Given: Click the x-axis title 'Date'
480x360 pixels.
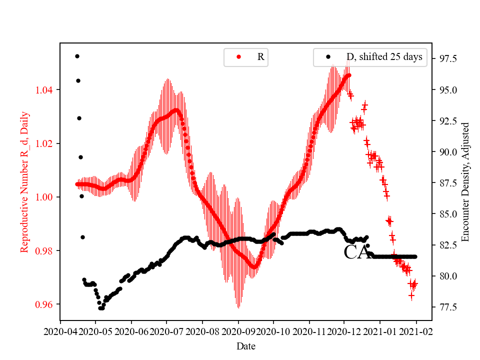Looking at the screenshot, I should (x=246, y=345).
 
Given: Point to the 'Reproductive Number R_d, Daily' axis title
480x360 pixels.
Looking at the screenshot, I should (x=24, y=182).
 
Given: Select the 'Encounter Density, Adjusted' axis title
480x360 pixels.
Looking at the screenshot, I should (x=466, y=182).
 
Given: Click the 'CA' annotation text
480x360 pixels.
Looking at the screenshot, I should (x=357, y=253).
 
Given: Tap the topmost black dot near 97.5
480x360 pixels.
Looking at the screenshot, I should (x=77, y=56).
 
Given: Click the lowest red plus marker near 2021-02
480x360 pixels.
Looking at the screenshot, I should (x=411, y=295).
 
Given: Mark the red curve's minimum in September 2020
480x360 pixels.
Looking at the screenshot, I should (x=254, y=267).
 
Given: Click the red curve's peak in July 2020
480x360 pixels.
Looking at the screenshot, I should (x=175, y=110).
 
